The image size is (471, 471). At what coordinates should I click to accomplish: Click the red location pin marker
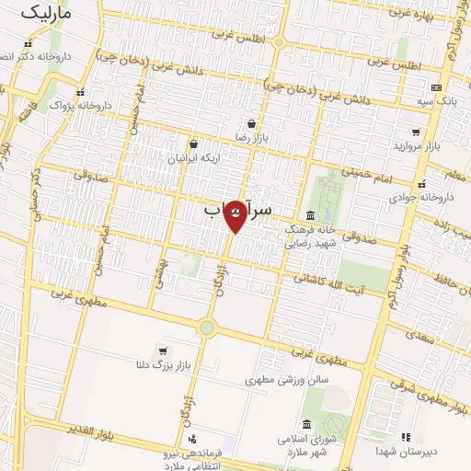point(236,215)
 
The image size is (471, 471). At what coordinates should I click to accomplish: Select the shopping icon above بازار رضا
point(251,122)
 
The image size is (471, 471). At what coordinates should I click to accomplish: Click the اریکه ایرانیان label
point(193,158)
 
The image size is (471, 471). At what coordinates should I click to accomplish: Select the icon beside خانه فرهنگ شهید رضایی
point(309,215)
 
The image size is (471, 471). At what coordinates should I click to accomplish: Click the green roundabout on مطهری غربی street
point(207,327)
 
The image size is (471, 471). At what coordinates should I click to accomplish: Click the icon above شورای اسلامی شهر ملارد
point(305,424)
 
